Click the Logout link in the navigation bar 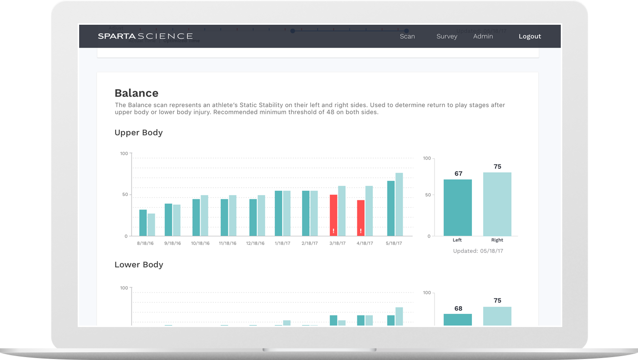pyautogui.click(x=529, y=36)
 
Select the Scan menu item pyautogui.click(x=407, y=36)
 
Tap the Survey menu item pyautogui.click(x=447, y=36)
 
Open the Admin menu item pyautogui.click(x=483, y=36)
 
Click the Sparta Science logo pyautogui.click(x=145, y=36)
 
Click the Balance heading pyautogui.click(x=136, y=93)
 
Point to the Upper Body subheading pyautogui.click(x=138, y=132)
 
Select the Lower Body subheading pyautogui.click(x=138, y=264)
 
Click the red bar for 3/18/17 pyautogui.click(x=334, y=215)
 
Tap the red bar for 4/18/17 pyautogui.click(x=361, y=218)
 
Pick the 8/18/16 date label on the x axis pyautogui.click(x=145, y=243)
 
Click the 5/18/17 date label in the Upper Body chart pyautogui.click(x=394, y=243)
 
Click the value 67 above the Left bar pyautogui.click(x=458, y=174)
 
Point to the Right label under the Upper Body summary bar pyautogui.click(x=497, y=240)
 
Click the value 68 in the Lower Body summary pyautogui.click(x=458, y=308)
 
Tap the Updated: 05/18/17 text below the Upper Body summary pyautogui.click(x=478, y=251)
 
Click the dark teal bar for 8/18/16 pyautogui.click(x=143, y=223)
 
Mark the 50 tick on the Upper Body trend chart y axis pyautogui.click(x=124, y=195)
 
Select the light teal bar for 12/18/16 pyautogui.click(x=261, y=215)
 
